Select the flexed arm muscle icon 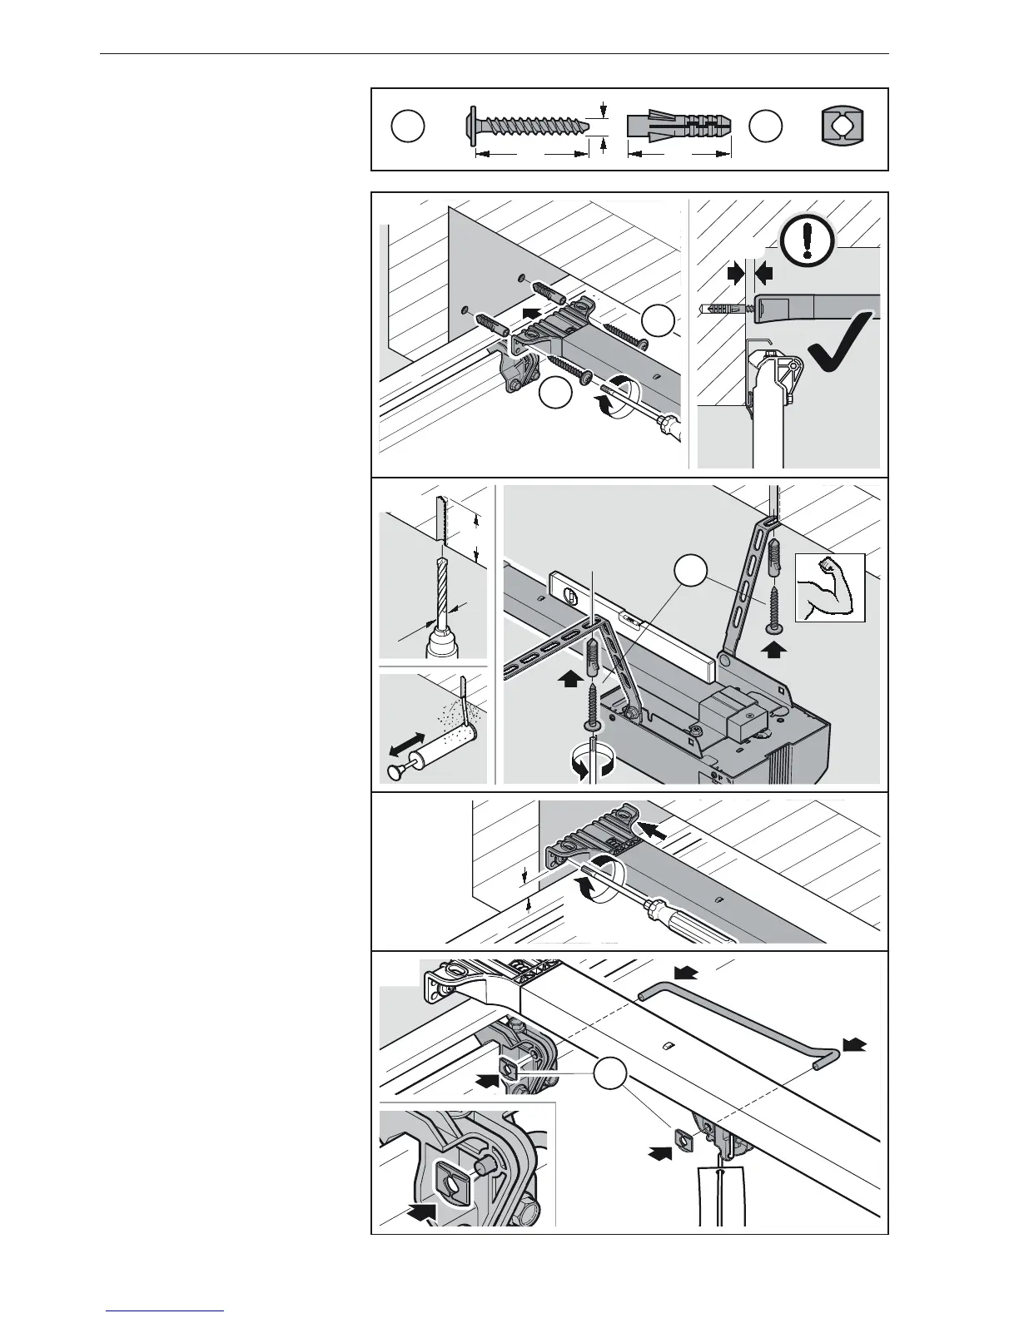coord(830,587)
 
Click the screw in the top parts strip coord(526,127)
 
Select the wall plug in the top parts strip coord(679,126)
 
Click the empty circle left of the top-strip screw coord(408,127)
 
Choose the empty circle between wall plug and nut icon coord(765,126)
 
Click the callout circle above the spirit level coord(691,572)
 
